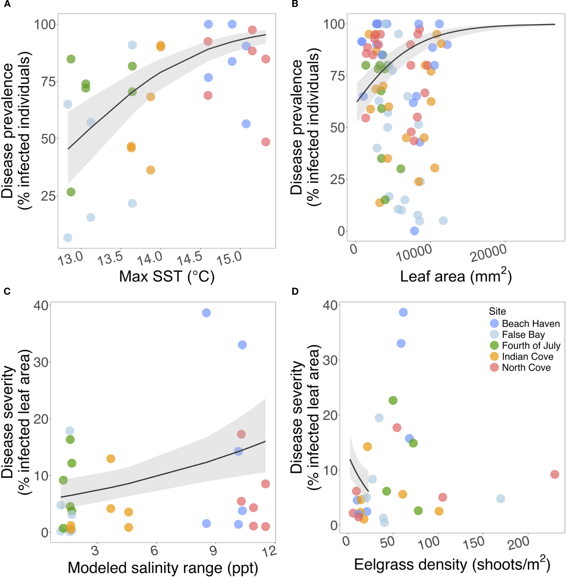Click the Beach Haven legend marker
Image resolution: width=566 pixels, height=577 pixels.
point(494,323)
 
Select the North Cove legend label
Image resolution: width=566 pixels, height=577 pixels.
point(526,367)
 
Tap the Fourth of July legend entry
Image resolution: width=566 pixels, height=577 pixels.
point(531,346)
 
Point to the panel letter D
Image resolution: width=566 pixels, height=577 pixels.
point(295,292)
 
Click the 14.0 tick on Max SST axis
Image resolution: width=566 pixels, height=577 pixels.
point(150,258)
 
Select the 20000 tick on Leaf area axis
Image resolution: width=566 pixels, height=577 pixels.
point(488,253)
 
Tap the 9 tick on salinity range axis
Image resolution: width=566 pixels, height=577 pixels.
point(213,550)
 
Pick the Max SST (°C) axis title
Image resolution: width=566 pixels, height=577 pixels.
point(167,276)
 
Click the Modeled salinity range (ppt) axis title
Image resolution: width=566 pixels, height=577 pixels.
point(163,568)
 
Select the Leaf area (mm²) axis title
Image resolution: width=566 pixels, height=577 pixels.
point(456,276)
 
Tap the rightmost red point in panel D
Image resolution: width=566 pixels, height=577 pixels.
point(555,474)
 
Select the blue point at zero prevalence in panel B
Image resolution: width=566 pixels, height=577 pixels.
point(414,231)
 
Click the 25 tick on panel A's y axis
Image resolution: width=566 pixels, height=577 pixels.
point(48,196)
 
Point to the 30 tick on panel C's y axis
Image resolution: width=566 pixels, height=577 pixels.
point(41,362)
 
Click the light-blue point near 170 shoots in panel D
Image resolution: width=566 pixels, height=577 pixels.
point(501,499)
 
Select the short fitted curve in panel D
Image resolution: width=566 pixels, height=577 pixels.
point(358,475)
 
